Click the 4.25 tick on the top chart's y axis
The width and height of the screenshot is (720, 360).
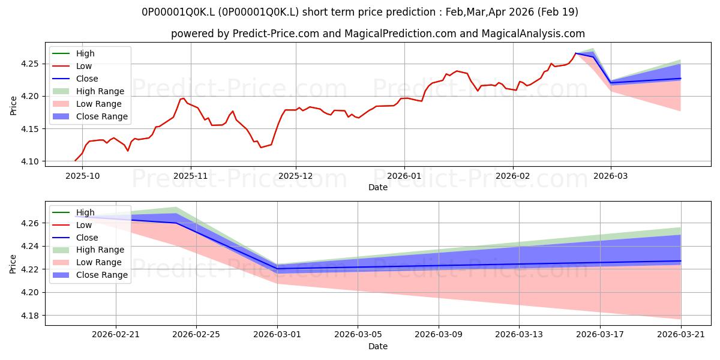tap(29, 64)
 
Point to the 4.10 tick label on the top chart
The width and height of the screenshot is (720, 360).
tap(29, 161)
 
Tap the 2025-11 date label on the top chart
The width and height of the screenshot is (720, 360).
tap(191, 176)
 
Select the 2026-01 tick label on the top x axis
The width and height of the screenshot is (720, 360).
tap(404, 176)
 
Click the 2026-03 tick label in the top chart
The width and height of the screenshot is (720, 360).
tap(611, 176)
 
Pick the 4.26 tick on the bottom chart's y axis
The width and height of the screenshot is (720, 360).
tap(29, 223)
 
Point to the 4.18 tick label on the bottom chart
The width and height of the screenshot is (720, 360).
tap(29, 316)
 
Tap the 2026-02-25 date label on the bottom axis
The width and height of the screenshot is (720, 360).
tap(196, 335)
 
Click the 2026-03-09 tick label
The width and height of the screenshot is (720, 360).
tap(439, 335)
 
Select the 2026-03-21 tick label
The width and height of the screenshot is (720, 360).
tap(681, 335)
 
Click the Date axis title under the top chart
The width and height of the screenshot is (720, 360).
tap(378, 187)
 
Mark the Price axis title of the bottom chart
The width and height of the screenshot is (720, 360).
tap(13, 264)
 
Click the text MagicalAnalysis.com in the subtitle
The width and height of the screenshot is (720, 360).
tap(533, 34)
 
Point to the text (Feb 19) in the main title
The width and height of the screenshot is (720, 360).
tap(557, 12)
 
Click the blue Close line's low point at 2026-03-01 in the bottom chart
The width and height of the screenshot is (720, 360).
tap(277, 269)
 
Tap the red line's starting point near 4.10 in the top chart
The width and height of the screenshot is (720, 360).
tap(75, 161)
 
